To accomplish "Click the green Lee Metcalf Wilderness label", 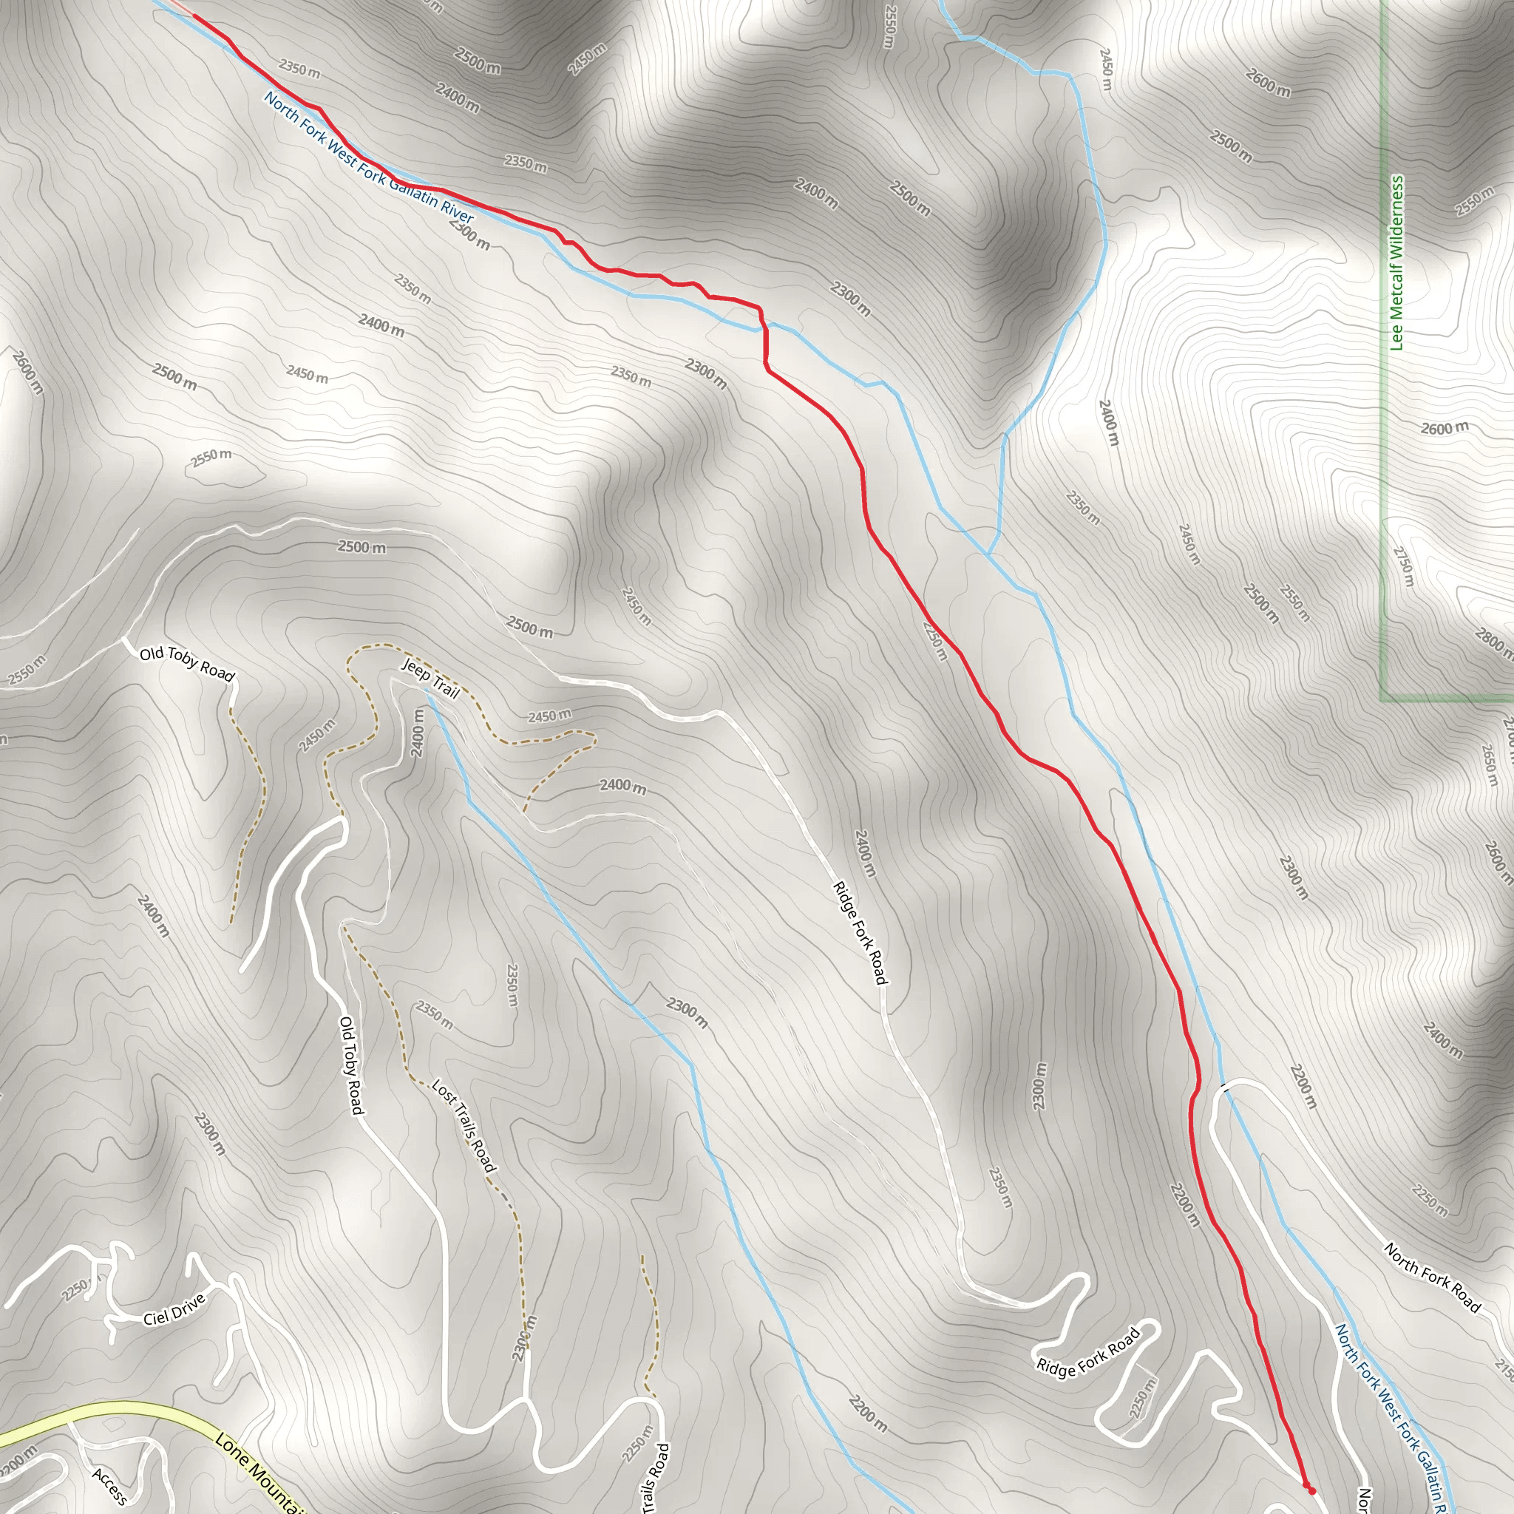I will coord(1396,262).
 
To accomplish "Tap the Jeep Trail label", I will coord(430,678).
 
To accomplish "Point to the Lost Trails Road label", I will coord(464,1126).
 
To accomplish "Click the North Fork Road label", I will coord(1433,1277).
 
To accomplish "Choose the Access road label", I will coord(109,1487).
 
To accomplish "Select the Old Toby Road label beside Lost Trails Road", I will coord(351,1065).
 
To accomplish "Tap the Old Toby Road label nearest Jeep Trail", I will coord(186,664).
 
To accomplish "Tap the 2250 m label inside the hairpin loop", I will coord(1144,1397).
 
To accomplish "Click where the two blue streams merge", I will coord(988,554).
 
